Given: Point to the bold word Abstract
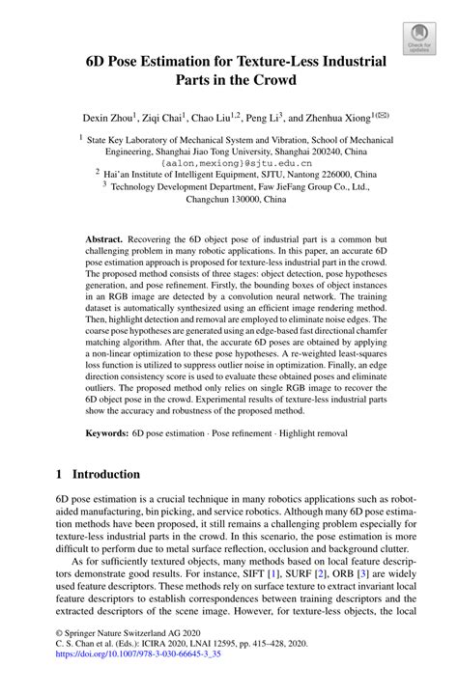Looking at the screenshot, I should pyautogui.click(x=102, y=237).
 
